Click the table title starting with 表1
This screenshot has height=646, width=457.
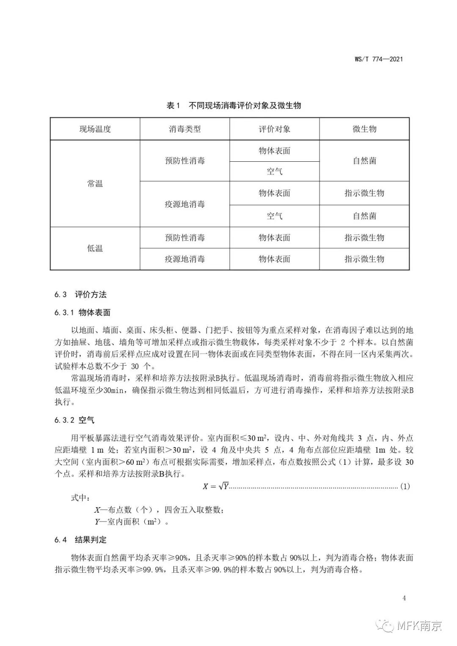[234, 105]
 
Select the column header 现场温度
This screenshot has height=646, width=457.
[95, 129]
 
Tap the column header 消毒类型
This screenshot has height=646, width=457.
[185, 129]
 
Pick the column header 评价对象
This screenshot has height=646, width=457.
[275, 129]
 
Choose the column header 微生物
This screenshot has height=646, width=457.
[364, 129]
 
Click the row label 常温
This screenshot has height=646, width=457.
[95, 184]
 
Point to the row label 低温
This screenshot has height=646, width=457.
[95, 248]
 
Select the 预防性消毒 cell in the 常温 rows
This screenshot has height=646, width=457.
[185, 161]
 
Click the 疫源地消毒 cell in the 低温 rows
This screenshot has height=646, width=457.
[185, 259]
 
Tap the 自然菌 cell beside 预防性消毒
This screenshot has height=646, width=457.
[364, 161]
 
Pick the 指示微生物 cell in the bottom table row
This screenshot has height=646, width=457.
[364, 259]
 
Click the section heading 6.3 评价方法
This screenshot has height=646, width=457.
[80, 295]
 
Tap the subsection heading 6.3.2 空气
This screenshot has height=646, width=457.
[74, 420]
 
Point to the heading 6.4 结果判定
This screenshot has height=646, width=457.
[80, 540]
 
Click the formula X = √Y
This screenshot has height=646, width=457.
[215, 486]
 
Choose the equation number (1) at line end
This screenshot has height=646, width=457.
[405, 486]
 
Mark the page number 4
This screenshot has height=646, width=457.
[404, 598]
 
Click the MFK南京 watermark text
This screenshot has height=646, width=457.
[419, 626]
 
